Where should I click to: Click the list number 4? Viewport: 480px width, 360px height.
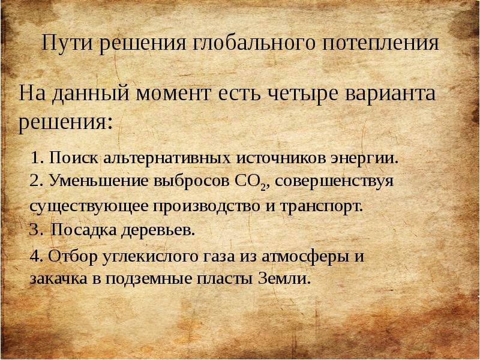point(35,257)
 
